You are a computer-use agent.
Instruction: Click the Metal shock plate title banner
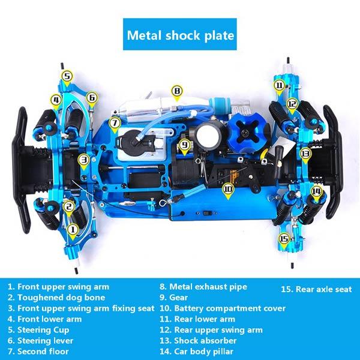pyautogui.click(x=180, y=35)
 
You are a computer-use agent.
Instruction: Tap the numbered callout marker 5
pyautogui.click(x=67, y=76)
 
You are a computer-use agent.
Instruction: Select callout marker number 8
pyautogui.click(x=176, y=91)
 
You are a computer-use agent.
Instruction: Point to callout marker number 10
pyautogui.click(x=227, y=188)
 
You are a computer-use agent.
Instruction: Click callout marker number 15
pyautogui.click(x=284, y=238)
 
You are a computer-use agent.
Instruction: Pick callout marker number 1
pyautogui.click(x=72, y=229)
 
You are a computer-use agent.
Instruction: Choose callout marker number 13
pyautogui.click(x=305, y=153)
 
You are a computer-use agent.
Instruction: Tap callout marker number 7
pyautogui.click(x=114, y=122)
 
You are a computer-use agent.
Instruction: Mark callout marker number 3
pyautogui.click(x=83, y=160)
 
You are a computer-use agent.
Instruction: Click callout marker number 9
pyautogui.click(x=185, y=144)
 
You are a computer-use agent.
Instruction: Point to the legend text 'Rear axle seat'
pyautogui.click(x=316, y=290)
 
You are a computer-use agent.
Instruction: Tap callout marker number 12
pyautogui.click(x=292, y=103)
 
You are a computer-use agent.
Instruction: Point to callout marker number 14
pyautogui.click(x=316, y=191)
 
